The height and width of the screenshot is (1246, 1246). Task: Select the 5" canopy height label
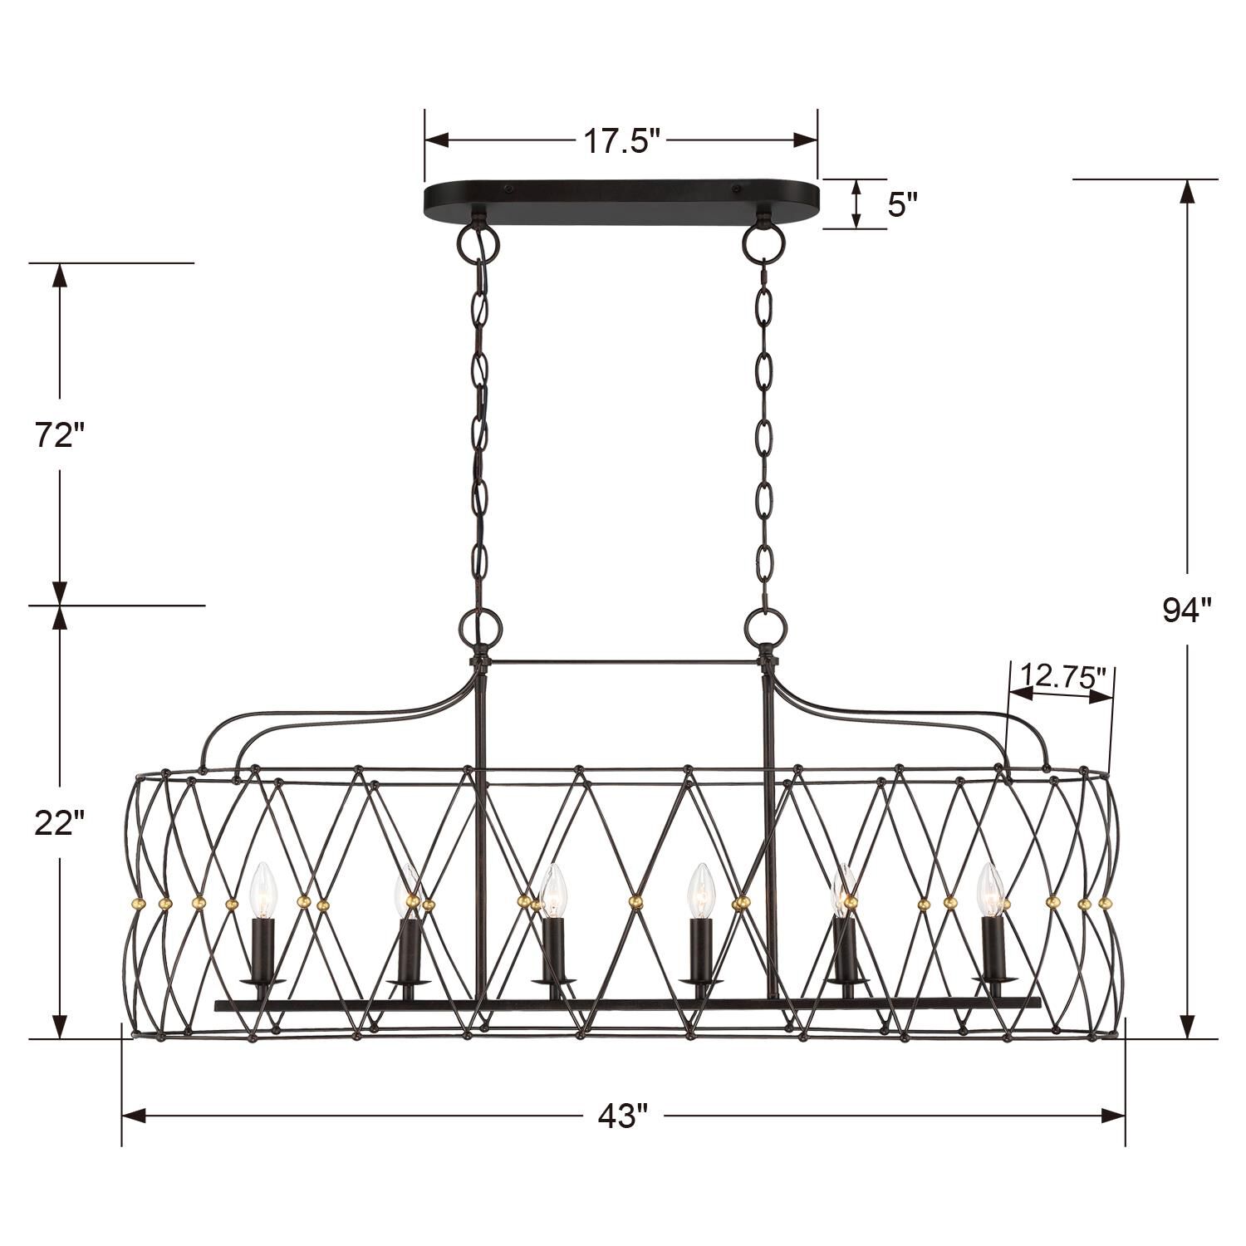pos(902,204)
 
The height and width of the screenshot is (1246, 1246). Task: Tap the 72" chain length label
pos(60,435)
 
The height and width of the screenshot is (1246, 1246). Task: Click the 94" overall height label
pos(1187,611)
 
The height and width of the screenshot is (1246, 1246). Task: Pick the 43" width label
pos(622,1116)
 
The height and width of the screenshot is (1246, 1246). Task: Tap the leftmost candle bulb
pos(262,890)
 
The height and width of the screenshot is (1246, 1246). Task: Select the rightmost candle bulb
pos(989,890)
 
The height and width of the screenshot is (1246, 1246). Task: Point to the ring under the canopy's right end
pos(763,242)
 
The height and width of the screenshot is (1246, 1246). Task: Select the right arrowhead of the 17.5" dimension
pos(806,140)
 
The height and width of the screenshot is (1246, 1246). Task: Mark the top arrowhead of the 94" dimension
pos(1188,192)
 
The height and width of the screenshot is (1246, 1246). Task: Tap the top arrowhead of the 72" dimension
pos(60,275)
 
